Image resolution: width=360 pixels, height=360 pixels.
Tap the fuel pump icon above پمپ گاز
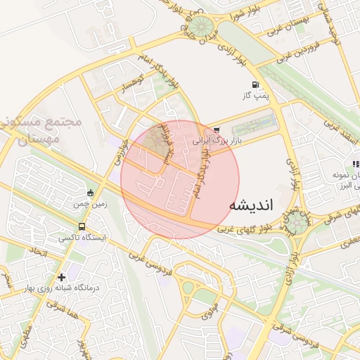[x=245, y=84]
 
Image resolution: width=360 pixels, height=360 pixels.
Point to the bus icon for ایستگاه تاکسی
[x=83, y=227]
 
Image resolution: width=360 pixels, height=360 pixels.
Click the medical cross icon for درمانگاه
[x=62, y=278]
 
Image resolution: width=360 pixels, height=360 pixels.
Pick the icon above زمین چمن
[x=90, y=193]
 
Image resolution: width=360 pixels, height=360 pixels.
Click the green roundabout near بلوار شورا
[x=205, y=26]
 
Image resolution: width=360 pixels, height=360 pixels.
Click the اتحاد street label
[x=39, y=251]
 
